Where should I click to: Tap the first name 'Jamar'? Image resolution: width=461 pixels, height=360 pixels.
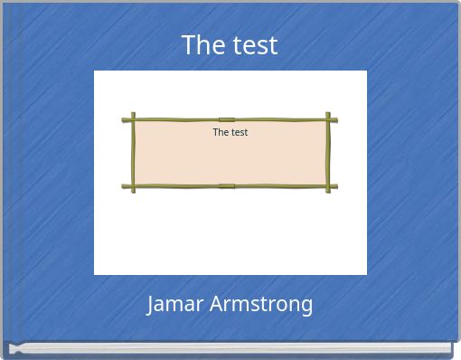click(175, 304)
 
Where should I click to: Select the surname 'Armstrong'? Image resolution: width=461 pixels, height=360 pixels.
click(261, 305)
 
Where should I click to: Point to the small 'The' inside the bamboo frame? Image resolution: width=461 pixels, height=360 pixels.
click(221, 132)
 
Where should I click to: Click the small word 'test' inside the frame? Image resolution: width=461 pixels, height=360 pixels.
click(239, 132)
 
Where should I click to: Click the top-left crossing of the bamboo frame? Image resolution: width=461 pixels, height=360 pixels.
click(133, 119)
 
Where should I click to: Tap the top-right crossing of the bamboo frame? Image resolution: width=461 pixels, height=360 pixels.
click(329, 119)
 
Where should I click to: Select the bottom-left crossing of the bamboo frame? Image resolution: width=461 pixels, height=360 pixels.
click(133, 186)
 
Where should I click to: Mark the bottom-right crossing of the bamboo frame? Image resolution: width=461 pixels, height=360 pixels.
click(329, 186)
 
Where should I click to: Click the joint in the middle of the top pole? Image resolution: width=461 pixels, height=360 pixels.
click(227, 119)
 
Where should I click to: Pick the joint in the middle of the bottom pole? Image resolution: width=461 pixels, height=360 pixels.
click(227, 186)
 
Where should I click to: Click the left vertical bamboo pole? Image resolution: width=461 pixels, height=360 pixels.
click(133, 153)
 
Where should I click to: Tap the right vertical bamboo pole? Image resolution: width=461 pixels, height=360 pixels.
click(329, 153)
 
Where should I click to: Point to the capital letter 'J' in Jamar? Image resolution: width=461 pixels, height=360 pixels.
click(151, 304)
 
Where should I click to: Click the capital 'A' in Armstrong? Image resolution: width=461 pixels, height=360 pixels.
click(216, 304)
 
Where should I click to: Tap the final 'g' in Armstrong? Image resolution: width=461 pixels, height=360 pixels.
click(306, 307)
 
